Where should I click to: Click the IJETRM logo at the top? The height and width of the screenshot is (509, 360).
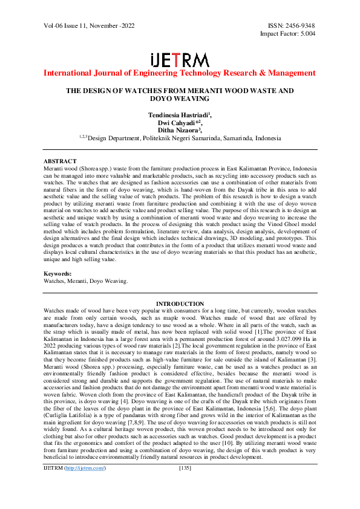pyautogui.click(x=180, y=60)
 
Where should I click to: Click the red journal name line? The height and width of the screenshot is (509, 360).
pyautogui.click(x=180, y=73)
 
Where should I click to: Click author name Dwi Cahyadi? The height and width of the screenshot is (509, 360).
pyautogui.click(x=179, y=122)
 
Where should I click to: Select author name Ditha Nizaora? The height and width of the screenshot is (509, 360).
pyautogui.click(x=179, y=129)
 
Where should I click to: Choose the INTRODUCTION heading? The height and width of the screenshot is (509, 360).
pyautogui.click(x=180, y=303)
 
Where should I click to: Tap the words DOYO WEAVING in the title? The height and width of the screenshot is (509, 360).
pyautogui.click(x=180, y=98)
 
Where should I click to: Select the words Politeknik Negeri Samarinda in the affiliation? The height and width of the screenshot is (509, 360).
pyautogui.click(x=189, y=137)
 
